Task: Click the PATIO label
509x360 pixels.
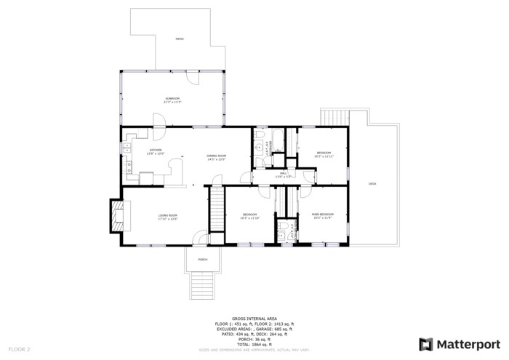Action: pyautogui.click(x=180, y=39)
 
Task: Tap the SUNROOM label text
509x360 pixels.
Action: pyautogui.click(x=172, y=98)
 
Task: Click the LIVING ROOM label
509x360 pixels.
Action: pyautogui.click(x=168, y=215)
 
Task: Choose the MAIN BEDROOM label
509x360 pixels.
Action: pyautogui.click(x=322, y=215)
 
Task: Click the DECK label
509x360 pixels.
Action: pyautogui.click(x=372, y=183)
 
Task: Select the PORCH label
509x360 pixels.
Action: pyautogui.click(x=203, y=259)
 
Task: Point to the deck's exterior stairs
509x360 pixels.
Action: pyautogui.click(x=334, y=116)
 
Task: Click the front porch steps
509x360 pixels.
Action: pyautogui.click(x=203, y=285)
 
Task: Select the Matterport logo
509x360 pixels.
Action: pyautogui.click(x=460, y=344)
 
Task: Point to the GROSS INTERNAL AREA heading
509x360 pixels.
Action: pyautogui.click(x=254, y=319)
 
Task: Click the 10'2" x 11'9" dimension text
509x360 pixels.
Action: pyautogui.click(x=322, y=218)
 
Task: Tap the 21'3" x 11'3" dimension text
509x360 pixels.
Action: pyautogui.click(x=172, y=103)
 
